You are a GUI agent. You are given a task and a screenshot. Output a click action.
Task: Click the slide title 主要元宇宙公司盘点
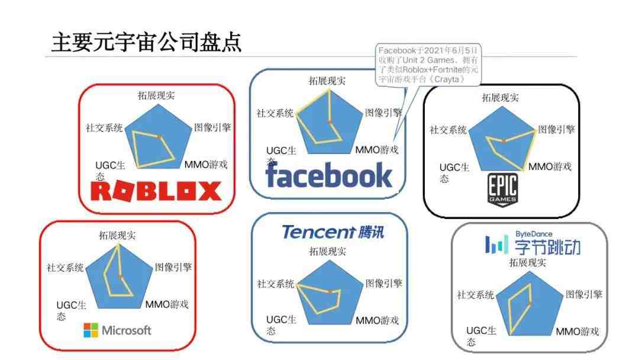coord(146,42)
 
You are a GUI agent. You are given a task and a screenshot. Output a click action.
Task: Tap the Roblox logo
coord(156,191)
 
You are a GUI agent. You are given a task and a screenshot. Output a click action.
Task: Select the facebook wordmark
coord(328,175)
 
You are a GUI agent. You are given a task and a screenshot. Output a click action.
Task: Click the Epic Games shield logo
coord(502,189)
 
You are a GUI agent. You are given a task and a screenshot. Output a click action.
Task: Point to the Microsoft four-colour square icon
coord(91,330)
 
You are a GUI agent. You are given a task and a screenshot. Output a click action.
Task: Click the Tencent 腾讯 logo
coord(333,232)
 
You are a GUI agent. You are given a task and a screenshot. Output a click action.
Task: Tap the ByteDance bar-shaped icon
coord(496,245)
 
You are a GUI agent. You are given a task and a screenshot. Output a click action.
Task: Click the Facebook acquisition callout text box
coord(428,65)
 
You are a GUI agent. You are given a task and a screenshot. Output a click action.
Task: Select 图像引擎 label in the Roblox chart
coord(212,128)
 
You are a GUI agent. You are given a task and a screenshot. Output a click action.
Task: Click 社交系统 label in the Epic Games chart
coord(448,130)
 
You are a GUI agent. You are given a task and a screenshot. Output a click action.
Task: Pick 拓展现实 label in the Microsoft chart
coord(117,235)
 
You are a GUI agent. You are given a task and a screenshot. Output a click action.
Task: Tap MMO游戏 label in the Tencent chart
coord(377,320)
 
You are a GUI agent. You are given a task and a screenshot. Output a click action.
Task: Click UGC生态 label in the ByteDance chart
coord(481,336)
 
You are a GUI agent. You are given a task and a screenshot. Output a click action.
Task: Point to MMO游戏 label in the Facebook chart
coord(376,150)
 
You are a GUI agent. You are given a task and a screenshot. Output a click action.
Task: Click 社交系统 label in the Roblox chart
coord(104,128)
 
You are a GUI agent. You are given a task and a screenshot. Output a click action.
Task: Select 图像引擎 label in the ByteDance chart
coord(583,294)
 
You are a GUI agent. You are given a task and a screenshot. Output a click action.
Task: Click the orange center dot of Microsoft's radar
coord(120,277)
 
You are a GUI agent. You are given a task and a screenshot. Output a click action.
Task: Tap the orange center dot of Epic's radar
coord(504,141)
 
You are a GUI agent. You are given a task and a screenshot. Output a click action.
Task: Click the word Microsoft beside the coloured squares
coord(127,330)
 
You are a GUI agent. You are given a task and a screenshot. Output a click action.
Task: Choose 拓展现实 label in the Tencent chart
coord(328,252)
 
